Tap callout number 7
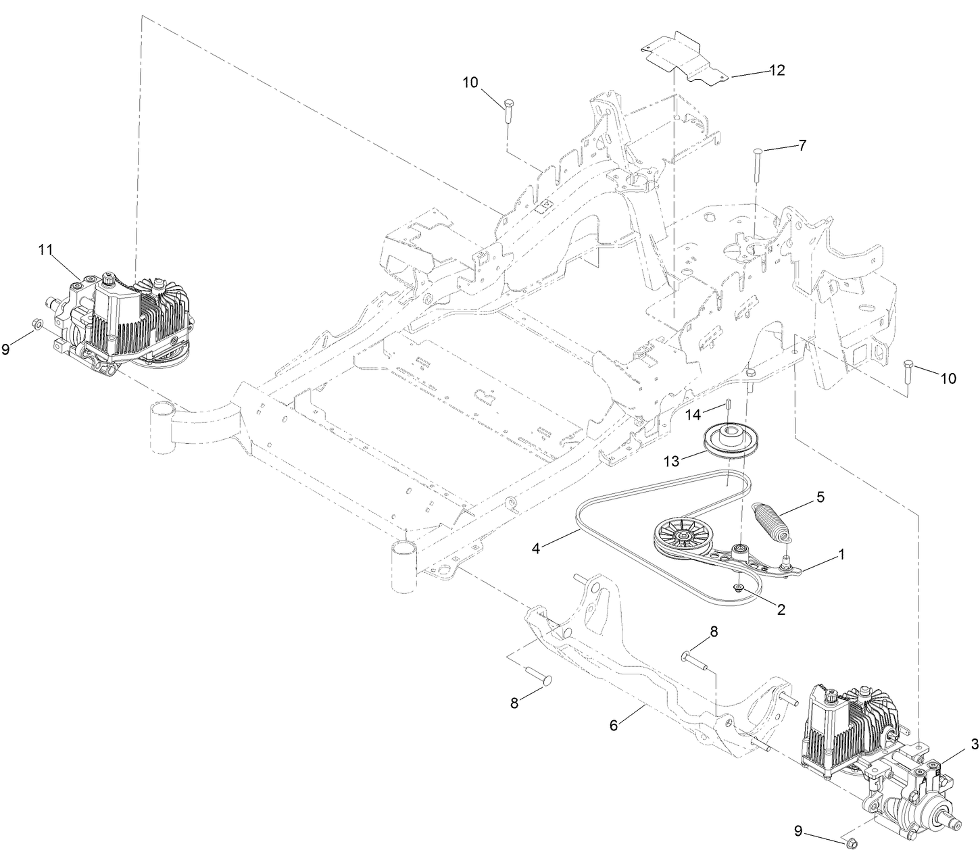(802, 145)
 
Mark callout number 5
(820, 497)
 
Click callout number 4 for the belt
(536, 549)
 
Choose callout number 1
(841, 553)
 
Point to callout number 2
(781, 609)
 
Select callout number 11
(45, 249)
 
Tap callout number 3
(974, 744)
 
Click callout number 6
(614, 725)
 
